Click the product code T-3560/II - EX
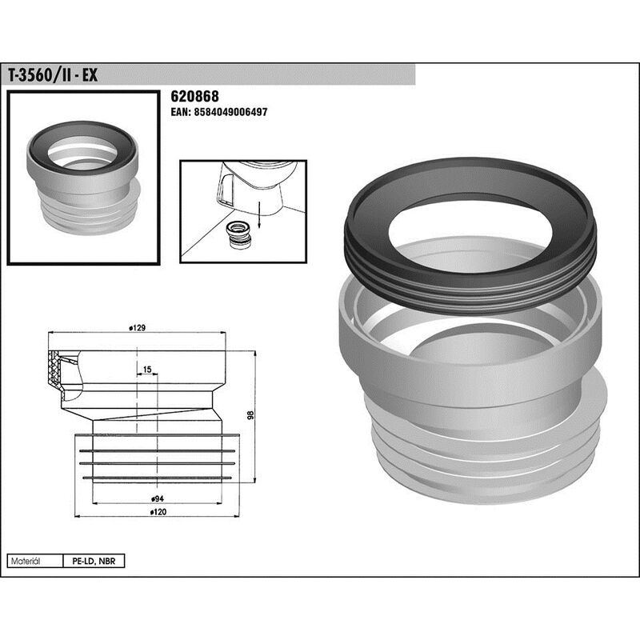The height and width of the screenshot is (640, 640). pyautogui.click(x=53, y=75)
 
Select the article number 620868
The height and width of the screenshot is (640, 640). pyautogui.click(x=194, y=96)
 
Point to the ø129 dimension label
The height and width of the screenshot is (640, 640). pyautogui.click(x=137, y=328)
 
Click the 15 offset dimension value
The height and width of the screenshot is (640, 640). pyautogui.click(x=147, y=370)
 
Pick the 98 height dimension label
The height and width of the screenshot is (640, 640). pyautogui.click(x=250, y=414)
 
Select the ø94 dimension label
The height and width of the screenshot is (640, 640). pyautogui.click(x=157, y=498)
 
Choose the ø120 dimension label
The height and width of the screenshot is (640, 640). pyautogui.click(x=158, y=512)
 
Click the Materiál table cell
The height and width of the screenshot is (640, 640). pyautogui.click(x=35, y=562)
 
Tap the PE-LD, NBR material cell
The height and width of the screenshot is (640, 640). pyautogui.click(x=94, y=562)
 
